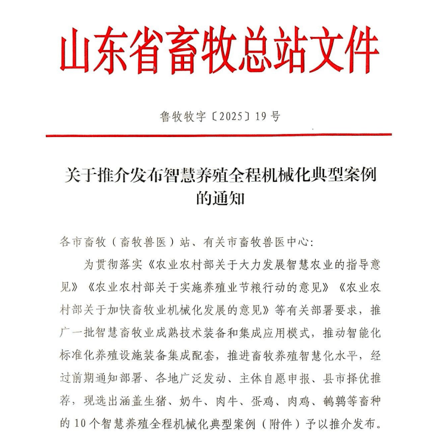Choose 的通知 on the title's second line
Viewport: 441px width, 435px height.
[x=220, y=198]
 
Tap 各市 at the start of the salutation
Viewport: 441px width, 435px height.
[x=72, y=242]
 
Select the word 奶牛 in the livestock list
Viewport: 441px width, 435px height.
[x=206, y=402]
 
